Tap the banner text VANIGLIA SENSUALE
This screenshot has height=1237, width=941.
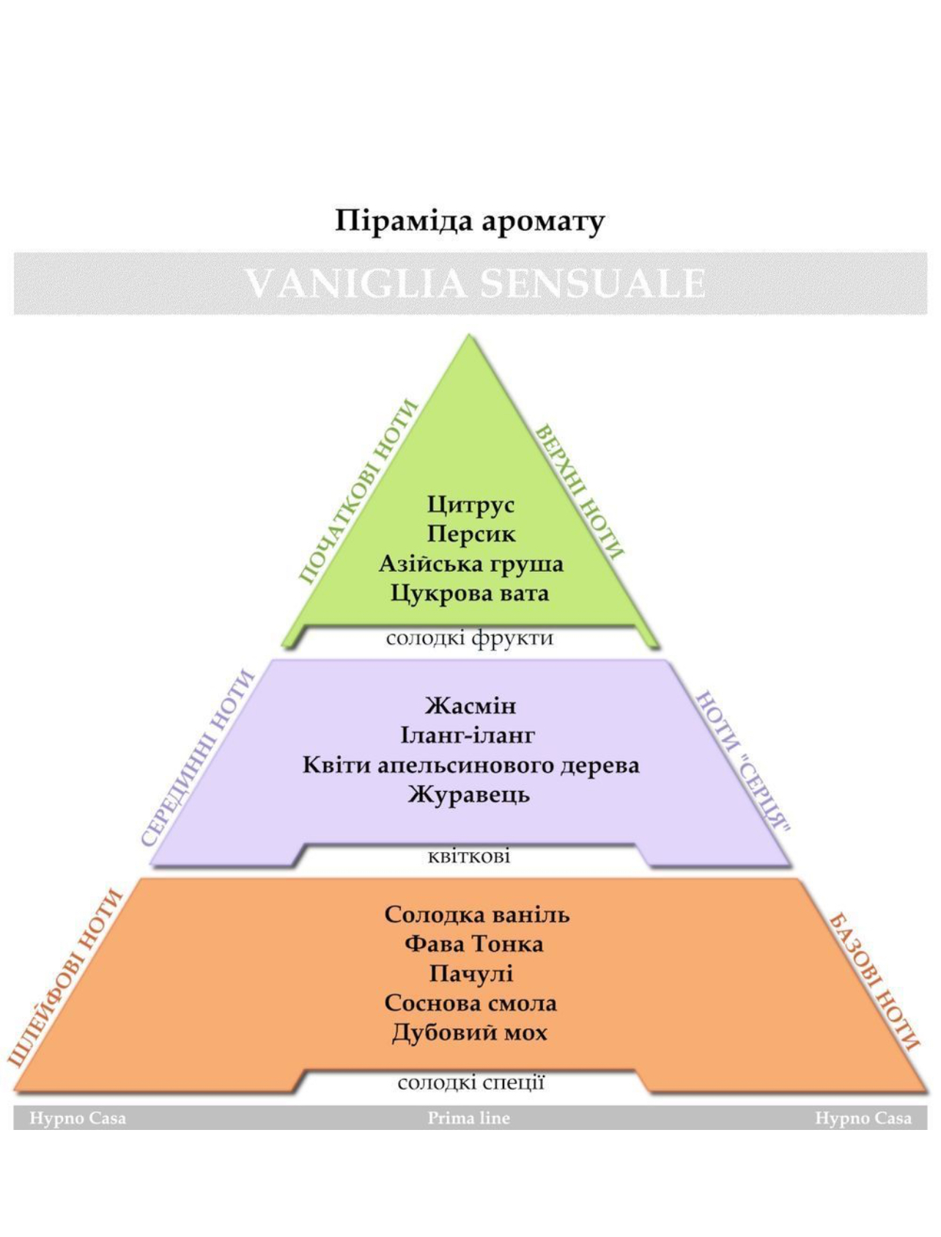[x=475, y=284]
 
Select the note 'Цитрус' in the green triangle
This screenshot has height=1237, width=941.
[x=471, y=505]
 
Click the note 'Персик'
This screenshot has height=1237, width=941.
[x=471, y=534]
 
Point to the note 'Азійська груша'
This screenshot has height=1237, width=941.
[x=471, y=564]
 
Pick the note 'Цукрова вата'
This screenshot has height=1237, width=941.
[x=469, y=592]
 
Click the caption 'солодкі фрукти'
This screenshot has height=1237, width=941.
[x=469, y=638]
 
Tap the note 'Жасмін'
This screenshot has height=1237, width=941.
[x=471, y=706]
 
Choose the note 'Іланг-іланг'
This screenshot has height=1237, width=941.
[x=468, y=735]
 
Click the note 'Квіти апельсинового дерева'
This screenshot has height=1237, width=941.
[x=471, y=766]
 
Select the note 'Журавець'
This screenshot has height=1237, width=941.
[x=469, y=795]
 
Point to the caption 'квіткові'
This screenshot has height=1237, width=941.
[x=469, y=856]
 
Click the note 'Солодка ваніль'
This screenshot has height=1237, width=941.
[x=477, y=914]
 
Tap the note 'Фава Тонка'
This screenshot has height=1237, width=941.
[x=473, y=944]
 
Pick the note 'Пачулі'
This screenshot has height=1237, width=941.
[x=471, y=974]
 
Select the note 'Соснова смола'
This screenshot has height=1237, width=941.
[x=471, y=1003]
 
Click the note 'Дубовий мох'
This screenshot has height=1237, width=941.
[x=469, y=1033]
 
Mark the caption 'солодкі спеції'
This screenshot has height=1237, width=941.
[x=471, y=1083]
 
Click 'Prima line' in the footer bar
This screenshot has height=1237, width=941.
[x=469, y=1118]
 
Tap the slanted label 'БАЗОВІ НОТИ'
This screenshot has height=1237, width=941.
[x=874, y=983]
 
